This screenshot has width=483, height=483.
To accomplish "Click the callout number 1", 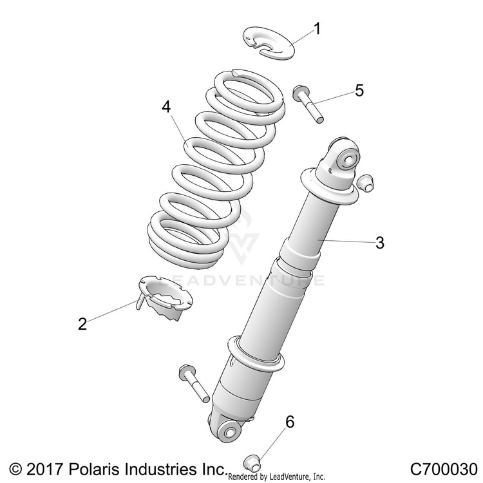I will (317, 28).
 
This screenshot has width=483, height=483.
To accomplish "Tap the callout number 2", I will (82, 324).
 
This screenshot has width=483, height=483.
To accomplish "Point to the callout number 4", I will (166, 108).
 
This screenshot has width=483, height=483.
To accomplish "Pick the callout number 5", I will (359, 90).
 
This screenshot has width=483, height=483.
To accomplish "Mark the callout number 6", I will (290, 422).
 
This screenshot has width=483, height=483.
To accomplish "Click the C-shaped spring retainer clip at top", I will (269, 42).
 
